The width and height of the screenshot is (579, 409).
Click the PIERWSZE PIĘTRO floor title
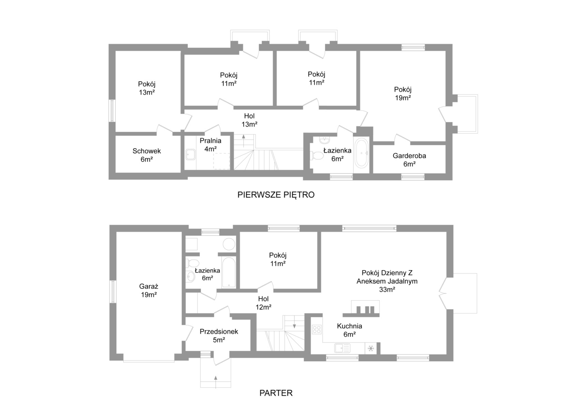click(276, 195)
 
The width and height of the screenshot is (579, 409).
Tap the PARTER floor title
click(276, 393)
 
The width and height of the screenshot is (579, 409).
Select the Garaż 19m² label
click(148, 291)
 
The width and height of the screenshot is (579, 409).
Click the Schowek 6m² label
click(146, 155)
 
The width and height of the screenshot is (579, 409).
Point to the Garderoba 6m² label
click(409, 160)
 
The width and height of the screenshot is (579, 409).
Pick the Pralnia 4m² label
click(211, 145)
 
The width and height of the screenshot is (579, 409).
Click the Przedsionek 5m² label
click(219, 335)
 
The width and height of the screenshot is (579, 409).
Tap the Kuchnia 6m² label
click(349, 330)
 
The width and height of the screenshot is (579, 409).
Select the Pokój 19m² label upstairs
click(403, 93)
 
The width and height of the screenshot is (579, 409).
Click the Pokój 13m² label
click(147, 88)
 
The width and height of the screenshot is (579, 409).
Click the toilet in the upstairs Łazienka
click(318, 156)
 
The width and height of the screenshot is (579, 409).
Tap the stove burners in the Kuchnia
click(317, 329)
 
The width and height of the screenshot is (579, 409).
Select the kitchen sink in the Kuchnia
click(342, 348)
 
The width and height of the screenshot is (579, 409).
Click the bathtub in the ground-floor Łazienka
click(228, 272)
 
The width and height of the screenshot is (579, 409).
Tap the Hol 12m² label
click(263, 303)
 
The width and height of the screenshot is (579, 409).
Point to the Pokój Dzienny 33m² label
click(387, 281)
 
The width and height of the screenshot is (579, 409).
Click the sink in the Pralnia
click(190, 155)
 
